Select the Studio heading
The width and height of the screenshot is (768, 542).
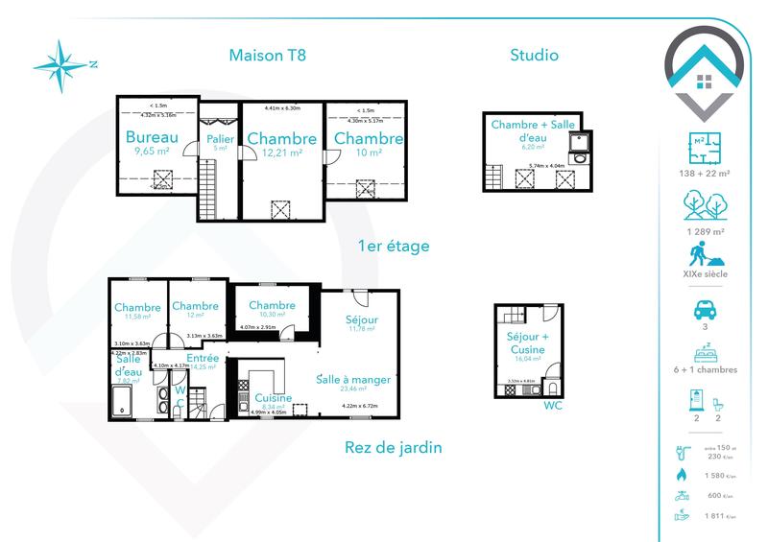coord(534,55)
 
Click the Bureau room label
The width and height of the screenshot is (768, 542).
coord(153,138)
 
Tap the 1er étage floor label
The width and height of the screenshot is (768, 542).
coord(393,247)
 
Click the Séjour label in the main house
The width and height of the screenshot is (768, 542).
coord(362,319)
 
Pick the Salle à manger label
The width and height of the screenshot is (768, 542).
coord(353,379)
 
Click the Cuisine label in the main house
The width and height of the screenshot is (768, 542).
coord(274,397)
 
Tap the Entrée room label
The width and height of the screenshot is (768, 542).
coord(204,357)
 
